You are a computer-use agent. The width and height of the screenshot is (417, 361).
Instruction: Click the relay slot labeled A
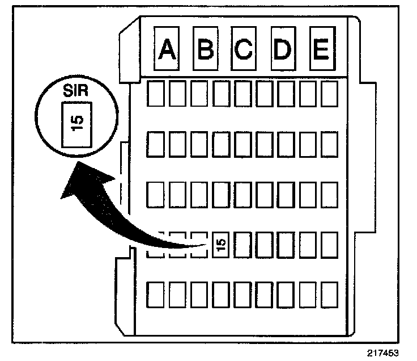tap(166, 49)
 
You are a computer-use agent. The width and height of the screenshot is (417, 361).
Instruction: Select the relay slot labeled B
tap(205, 49)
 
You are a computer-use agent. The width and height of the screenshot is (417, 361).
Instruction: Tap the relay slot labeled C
tap(243, 49)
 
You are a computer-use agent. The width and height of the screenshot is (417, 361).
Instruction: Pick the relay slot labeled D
tap(282, 49)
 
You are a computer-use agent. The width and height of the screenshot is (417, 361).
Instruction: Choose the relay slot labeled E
tap(320, 49)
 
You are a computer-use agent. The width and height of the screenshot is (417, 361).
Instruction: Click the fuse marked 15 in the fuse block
tap(222, 245)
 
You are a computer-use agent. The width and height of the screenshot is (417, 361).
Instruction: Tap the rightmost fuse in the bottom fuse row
tap(329, 295)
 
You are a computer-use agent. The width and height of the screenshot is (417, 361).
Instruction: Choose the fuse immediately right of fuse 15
tap(242, 245)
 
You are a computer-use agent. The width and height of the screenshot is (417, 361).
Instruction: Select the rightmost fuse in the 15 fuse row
tap(329, 245)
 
